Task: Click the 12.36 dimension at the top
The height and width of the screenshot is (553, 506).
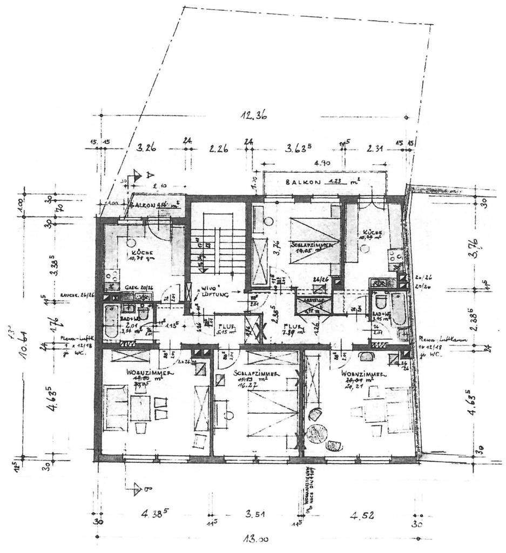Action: tap(253, 115)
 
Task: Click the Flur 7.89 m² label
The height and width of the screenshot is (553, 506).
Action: tap(294, 329)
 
